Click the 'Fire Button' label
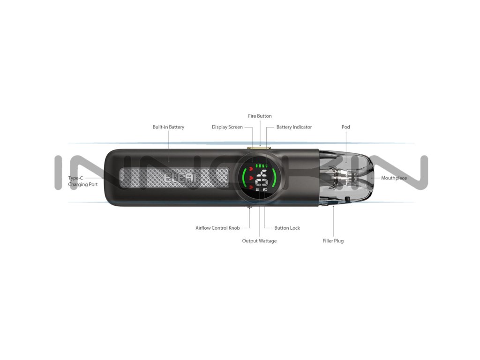260,116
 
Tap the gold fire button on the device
260,148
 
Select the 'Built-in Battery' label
168,127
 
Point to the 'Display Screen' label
227,127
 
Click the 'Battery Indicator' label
294,127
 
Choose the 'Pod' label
346,127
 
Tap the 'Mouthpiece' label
394,178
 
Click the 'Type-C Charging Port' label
83,181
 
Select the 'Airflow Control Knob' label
217,228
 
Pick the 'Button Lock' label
287,228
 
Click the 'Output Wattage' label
259,241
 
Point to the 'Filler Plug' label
333,241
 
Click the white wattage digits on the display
262,179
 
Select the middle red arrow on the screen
251,178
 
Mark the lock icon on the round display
265,190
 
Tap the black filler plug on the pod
347,200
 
